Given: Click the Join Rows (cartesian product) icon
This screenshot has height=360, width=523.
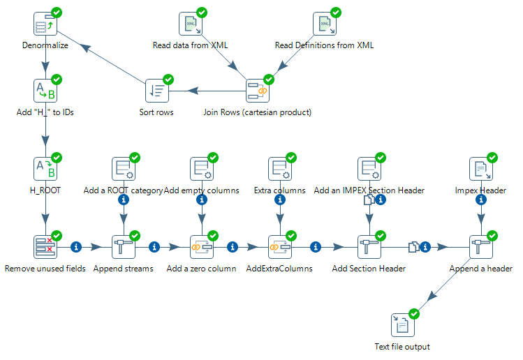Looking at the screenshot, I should tap(258, 91).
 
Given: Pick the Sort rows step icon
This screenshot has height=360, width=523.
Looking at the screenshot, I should tap(156, 91).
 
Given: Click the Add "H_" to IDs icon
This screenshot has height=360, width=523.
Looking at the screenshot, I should tap(45, 91).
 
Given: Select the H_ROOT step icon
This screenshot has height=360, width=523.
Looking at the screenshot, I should tap(45, 169).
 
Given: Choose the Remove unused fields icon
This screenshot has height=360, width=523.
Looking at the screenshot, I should tap(45, 247).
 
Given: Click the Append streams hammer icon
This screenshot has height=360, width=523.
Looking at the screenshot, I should tap(124, 247).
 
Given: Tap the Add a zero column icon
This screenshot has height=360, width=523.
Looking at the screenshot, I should tap(202, 247).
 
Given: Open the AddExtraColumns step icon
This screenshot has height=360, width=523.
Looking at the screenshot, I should tap(280, 247).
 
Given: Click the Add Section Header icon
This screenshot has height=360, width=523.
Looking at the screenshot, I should tap(369, 247).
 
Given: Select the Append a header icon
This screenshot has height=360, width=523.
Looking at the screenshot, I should tap(480, 247).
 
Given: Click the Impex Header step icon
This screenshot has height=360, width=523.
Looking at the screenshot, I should tap(480, 169).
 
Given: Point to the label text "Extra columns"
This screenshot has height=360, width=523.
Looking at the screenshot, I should tap(279, 190).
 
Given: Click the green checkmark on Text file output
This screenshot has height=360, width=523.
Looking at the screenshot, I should tap(414, 314).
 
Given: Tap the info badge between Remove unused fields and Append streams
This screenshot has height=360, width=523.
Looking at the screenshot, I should tap(77, 246).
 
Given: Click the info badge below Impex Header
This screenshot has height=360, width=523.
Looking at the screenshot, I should tap(480, 200).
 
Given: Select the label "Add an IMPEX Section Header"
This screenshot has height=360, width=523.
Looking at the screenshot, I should tap(369, 190).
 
